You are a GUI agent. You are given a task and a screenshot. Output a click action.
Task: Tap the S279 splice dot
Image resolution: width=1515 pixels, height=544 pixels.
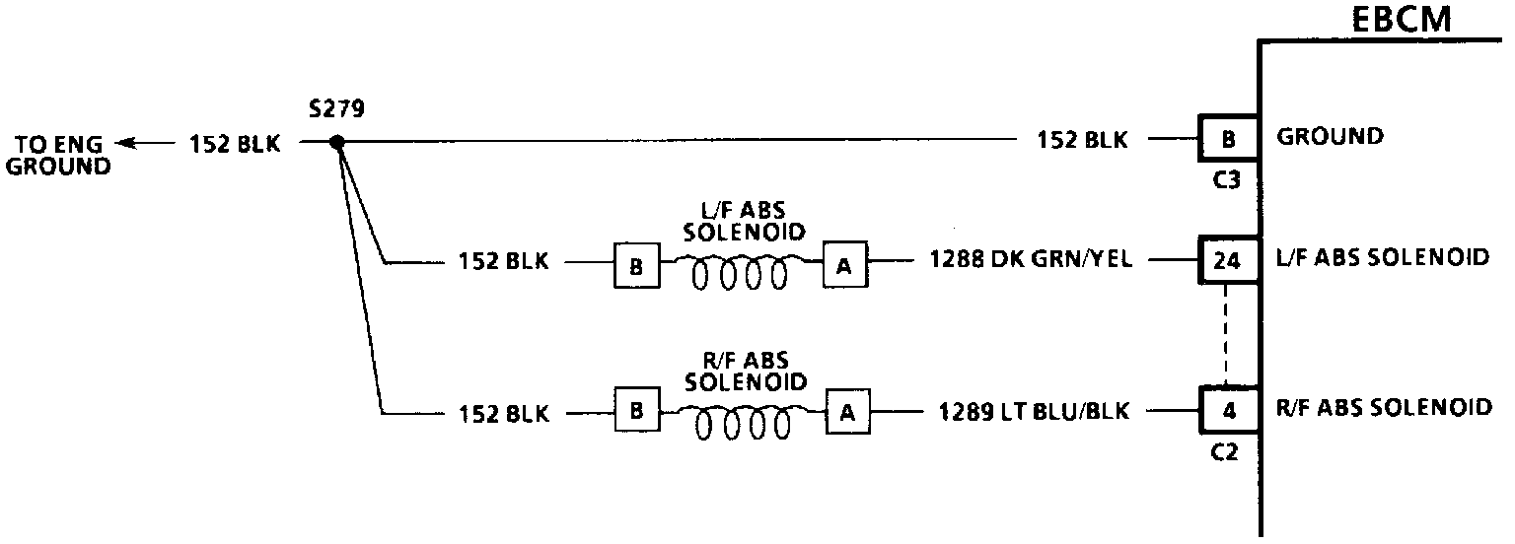click(336, 143)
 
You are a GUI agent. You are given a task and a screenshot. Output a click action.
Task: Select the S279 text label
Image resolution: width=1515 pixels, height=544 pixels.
click(336, 109)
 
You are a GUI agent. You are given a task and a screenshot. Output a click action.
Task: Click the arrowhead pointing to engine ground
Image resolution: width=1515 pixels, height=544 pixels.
click(123, 143)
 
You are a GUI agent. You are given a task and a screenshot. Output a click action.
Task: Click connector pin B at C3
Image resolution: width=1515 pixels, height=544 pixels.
click(1228, 140)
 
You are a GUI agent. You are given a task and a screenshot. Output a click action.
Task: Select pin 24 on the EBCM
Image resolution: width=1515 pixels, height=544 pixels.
click(1228, 261)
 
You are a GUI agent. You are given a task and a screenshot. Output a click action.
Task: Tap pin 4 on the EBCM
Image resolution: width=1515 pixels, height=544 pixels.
click(1228, 412)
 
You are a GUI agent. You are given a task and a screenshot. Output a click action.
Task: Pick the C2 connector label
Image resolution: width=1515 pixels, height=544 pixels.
click(1228, 452)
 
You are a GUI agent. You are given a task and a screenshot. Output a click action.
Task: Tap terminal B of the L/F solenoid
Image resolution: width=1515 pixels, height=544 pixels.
click(637, 266)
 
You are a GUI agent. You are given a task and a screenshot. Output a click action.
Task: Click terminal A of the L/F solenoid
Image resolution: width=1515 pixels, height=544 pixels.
click(845, 266)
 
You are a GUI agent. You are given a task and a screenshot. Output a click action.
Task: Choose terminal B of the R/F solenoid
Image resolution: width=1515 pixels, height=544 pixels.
click(637, 413)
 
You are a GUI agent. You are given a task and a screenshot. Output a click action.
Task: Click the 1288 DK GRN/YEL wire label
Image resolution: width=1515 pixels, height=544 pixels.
click(1030, 261)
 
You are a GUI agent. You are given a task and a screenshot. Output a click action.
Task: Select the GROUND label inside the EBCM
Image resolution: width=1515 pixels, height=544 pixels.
click(1330, 137)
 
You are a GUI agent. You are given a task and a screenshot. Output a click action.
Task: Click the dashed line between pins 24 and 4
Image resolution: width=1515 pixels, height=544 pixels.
click(1226, 335)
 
